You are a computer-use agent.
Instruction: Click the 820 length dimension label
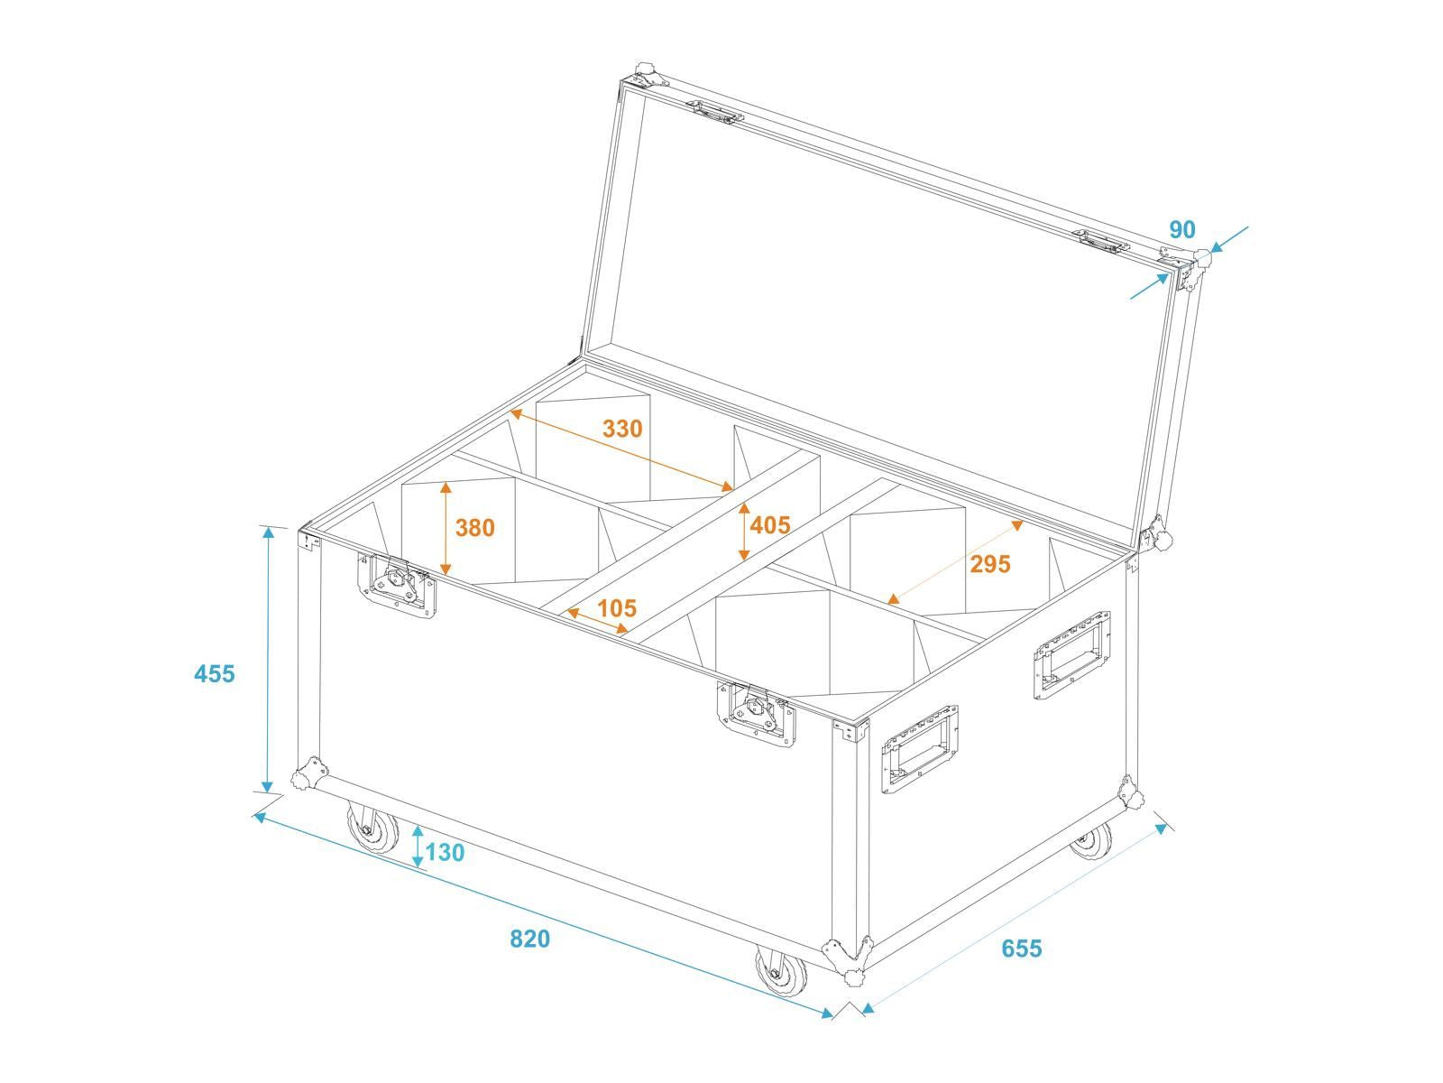(529, 939)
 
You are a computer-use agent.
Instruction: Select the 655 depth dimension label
(1022, 949)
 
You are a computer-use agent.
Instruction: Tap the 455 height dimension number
(215, 673)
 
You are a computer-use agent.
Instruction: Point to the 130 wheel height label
(445, 852)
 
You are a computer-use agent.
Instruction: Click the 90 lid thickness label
(1182, 229)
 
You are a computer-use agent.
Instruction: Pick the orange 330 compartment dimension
(622, 429)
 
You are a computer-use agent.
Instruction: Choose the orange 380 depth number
(474, 527)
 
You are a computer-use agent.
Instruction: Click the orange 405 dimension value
(770, 524)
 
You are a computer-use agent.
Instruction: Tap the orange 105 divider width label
(617, 607)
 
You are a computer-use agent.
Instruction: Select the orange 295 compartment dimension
(990, 563)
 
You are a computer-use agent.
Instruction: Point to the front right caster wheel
(781, 971)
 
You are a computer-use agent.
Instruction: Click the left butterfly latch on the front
(397, 586)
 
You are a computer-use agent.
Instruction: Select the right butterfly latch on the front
(756, 715)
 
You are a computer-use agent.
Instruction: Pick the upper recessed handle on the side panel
(1072, 655)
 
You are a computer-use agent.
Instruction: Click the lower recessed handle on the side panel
(920, 750)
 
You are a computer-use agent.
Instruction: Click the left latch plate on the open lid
(714, 112)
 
